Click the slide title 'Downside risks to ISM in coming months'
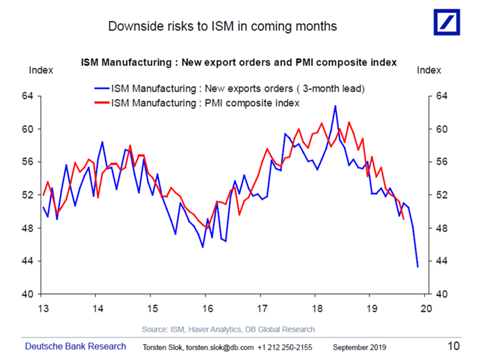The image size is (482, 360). (222, 26)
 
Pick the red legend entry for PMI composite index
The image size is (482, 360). (205, 103)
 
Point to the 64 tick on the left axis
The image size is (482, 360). (28, 96)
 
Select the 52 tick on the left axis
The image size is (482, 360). (28, 195)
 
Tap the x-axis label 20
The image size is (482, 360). (426, 309)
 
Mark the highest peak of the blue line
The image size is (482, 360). (335, 105)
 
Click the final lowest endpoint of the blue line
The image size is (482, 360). (418, 267)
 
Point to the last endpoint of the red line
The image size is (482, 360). (403, 219)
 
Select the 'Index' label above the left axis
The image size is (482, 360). (41, 70)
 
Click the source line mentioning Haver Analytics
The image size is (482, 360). (228, 329)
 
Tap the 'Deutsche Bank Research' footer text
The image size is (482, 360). (76, 346)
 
